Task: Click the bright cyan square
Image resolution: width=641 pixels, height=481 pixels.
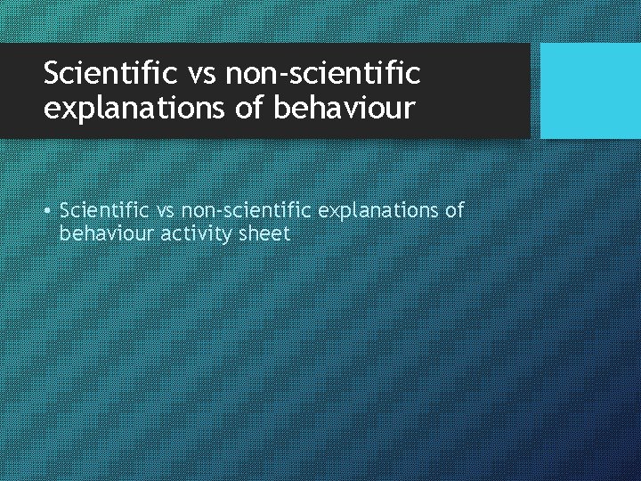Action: pyautogui.click(x=590, y=91)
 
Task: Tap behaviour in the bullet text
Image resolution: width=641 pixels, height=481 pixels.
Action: pyautogui.click(x=99, y=234)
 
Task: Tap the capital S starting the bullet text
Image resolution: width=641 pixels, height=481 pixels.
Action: pyautogui.click(x=65, y=211)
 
